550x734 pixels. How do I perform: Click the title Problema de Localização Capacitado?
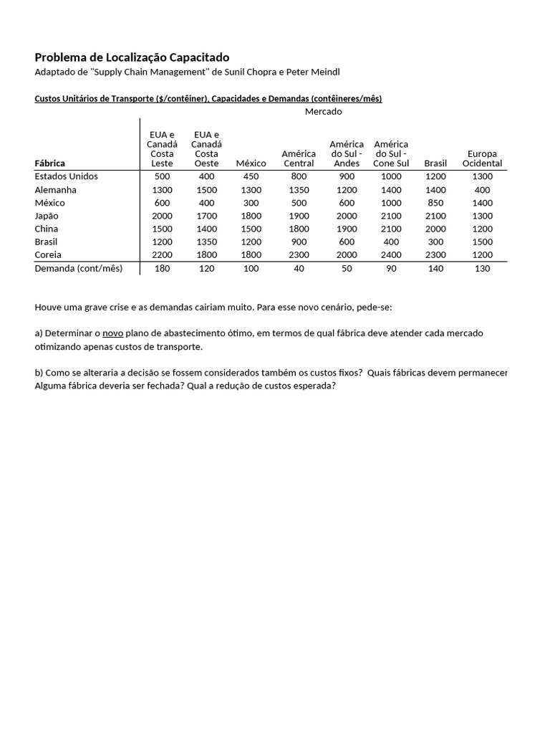click(132, 57)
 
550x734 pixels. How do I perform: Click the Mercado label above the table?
click(323, 112)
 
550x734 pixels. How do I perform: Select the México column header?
click(251, 163)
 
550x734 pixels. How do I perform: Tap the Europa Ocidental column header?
click(482, 158)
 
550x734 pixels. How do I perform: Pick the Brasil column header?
click(435, 163)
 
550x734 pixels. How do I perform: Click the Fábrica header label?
click(50, 163)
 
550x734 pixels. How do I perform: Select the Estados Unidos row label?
click(67, 176)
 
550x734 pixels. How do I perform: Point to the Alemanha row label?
click(56, 190)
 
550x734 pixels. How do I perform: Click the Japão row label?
click(47, 216)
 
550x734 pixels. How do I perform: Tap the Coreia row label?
click(48, 255)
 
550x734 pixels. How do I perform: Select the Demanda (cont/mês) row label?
click(79, 269)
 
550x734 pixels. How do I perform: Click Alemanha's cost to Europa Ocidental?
click(482, 190)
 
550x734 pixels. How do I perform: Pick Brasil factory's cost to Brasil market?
click(435, 242)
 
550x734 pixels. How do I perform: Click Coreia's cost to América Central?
click(299, 255)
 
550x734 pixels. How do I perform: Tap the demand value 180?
click(163, 269)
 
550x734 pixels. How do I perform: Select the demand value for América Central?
click(299, 269)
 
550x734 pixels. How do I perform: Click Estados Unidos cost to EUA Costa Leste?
click(163, 176)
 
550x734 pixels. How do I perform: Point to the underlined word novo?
click(113, 333)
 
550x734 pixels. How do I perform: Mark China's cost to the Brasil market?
click(435, 229)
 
